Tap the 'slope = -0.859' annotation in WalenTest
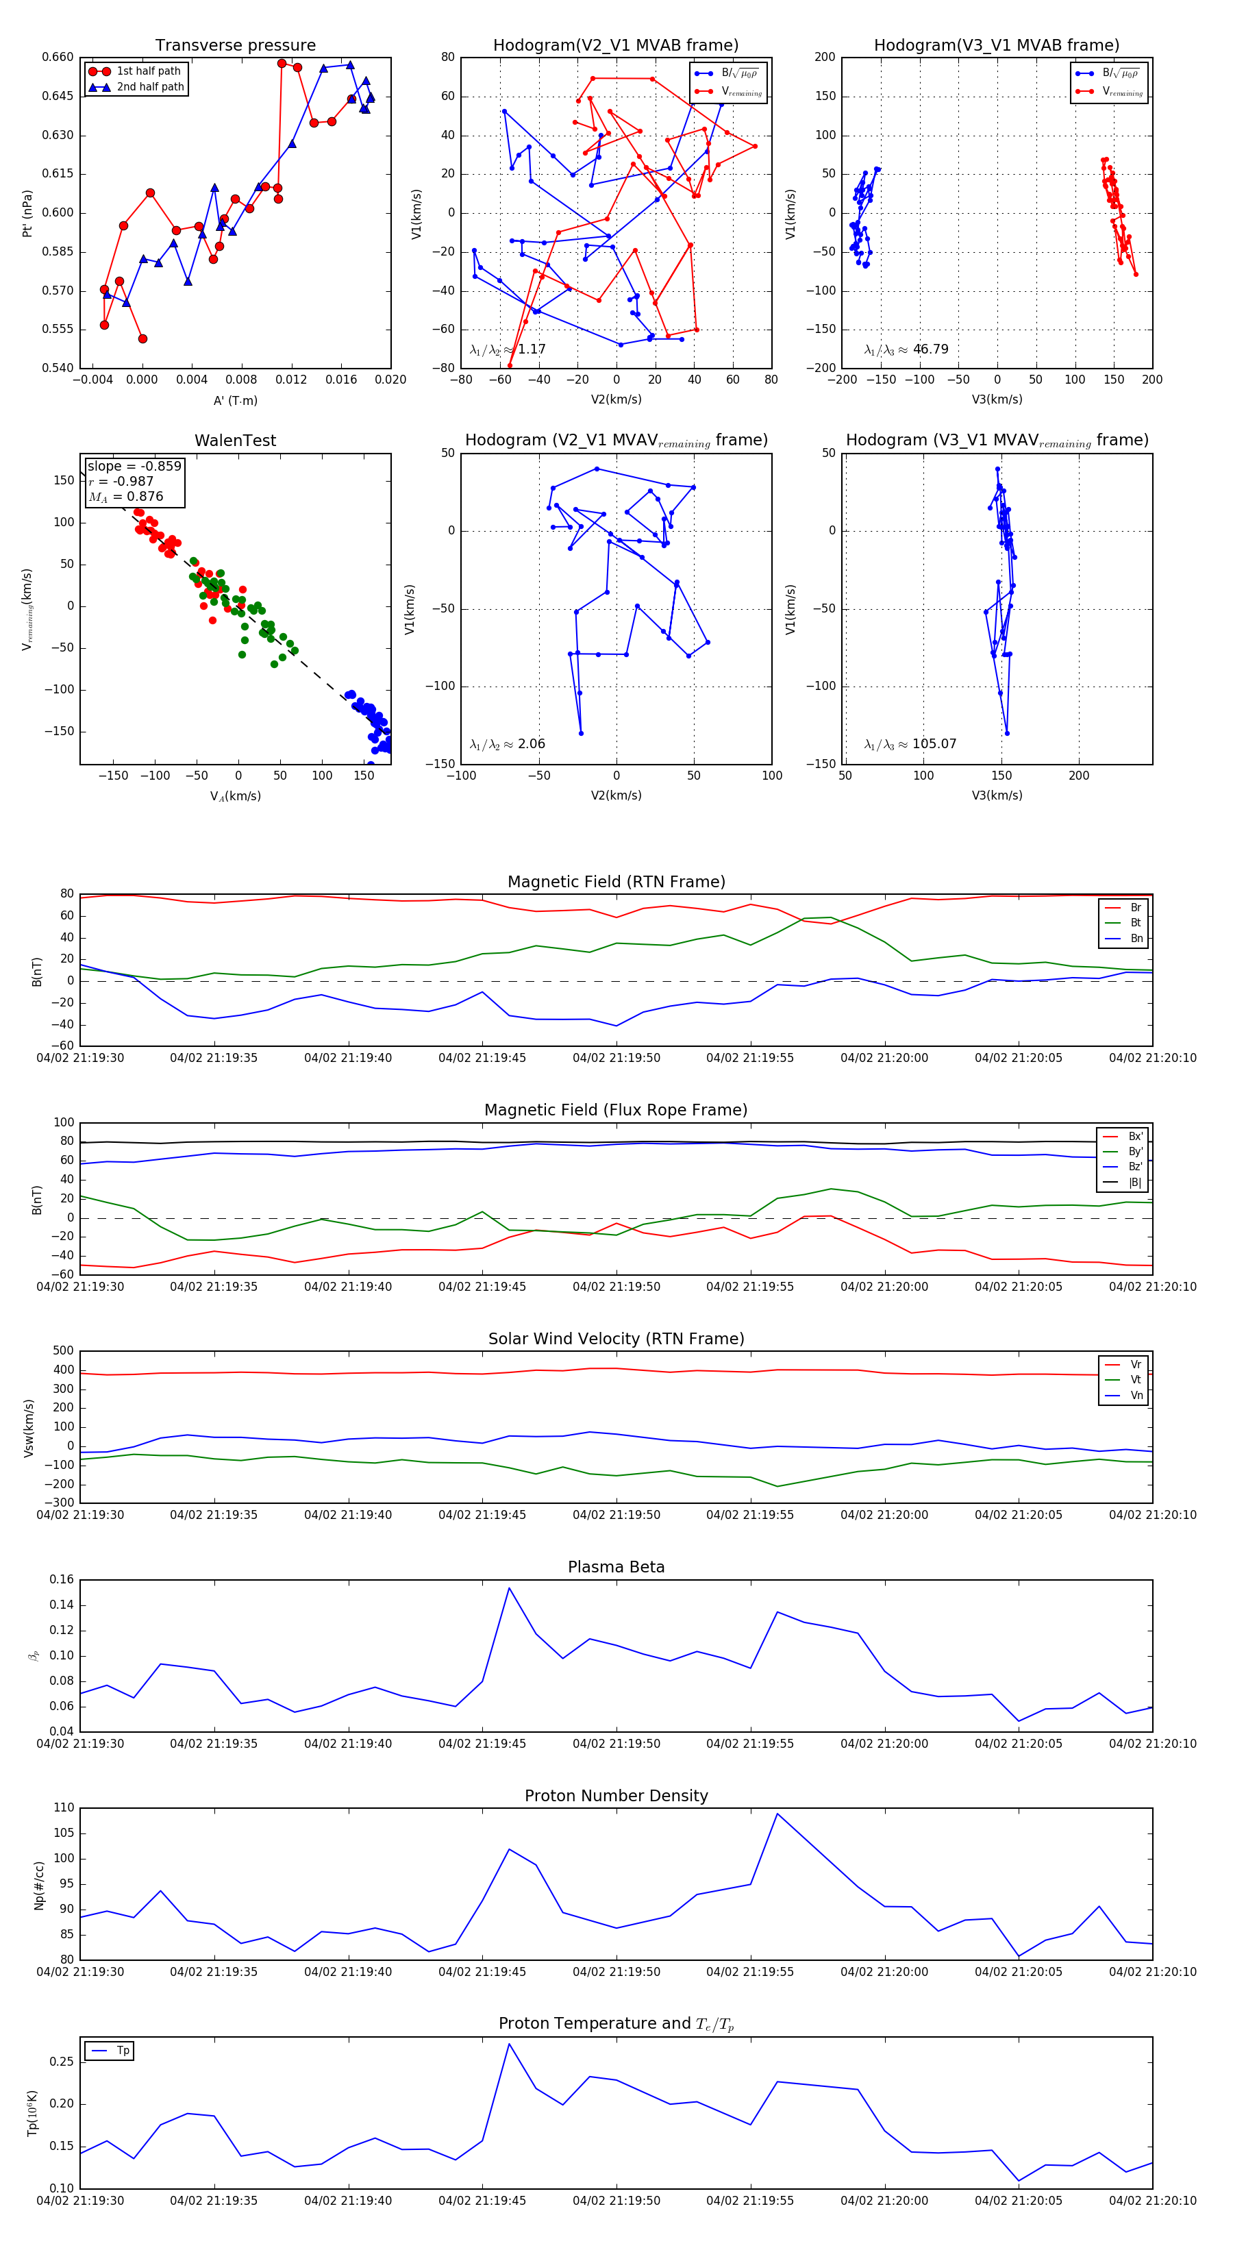pos(134,466)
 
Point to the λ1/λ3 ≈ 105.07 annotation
pos(910,744)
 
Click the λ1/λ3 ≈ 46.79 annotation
pos(906,349)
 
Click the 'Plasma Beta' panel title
pos(616,1567)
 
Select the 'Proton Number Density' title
pos(616,1796)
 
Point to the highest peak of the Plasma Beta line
pos(509,1587)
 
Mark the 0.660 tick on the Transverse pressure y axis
pos(58,57)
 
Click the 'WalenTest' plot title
pos(235,441)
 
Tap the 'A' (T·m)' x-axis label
pos(235,400)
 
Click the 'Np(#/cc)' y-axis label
pos(38,1884)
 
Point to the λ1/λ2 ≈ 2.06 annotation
pos(507,744)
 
